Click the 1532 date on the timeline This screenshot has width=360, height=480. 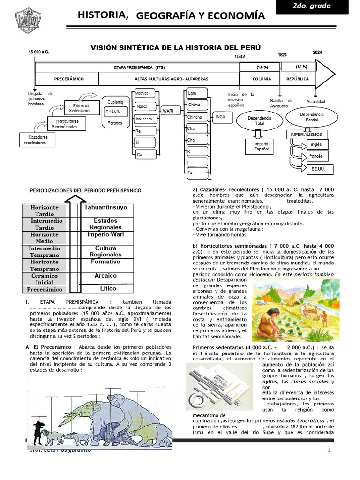coord(240,56)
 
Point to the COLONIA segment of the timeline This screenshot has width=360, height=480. coord(262,79)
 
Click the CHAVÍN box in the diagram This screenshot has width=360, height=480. coord(113,112)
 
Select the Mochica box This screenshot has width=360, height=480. coord(142,93)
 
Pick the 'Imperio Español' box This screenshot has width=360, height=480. coord(262,146)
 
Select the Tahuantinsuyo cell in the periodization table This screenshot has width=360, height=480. coord(106,207)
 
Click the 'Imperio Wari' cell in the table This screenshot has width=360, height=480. coord(106,234)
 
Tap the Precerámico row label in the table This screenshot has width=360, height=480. coord(45,289)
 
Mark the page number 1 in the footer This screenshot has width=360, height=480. coord(330,450)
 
